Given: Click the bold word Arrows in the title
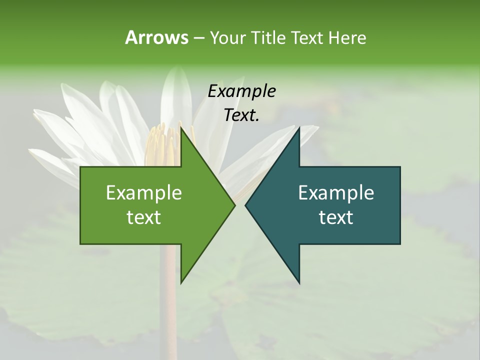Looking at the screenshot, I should tap(156, 37).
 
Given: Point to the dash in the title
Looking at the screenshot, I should tap(198, 38).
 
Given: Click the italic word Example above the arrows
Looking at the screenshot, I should tap(242, 91).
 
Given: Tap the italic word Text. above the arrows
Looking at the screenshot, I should tap(242, 115).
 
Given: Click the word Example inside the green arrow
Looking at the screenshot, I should tap(144, 193).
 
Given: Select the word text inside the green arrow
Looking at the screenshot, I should tap(144, 217).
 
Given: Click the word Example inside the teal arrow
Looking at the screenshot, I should tap(336, 193).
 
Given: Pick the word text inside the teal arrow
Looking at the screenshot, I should tap(336, 217).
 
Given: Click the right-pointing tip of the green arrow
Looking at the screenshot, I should tap(234, 205).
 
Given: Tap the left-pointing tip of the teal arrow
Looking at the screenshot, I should tap(246, 205).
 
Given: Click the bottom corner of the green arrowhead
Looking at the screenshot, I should tap(181, 282).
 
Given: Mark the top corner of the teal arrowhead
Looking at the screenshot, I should tap(299, 128).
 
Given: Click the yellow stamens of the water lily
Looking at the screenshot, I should tap(162, 145).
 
